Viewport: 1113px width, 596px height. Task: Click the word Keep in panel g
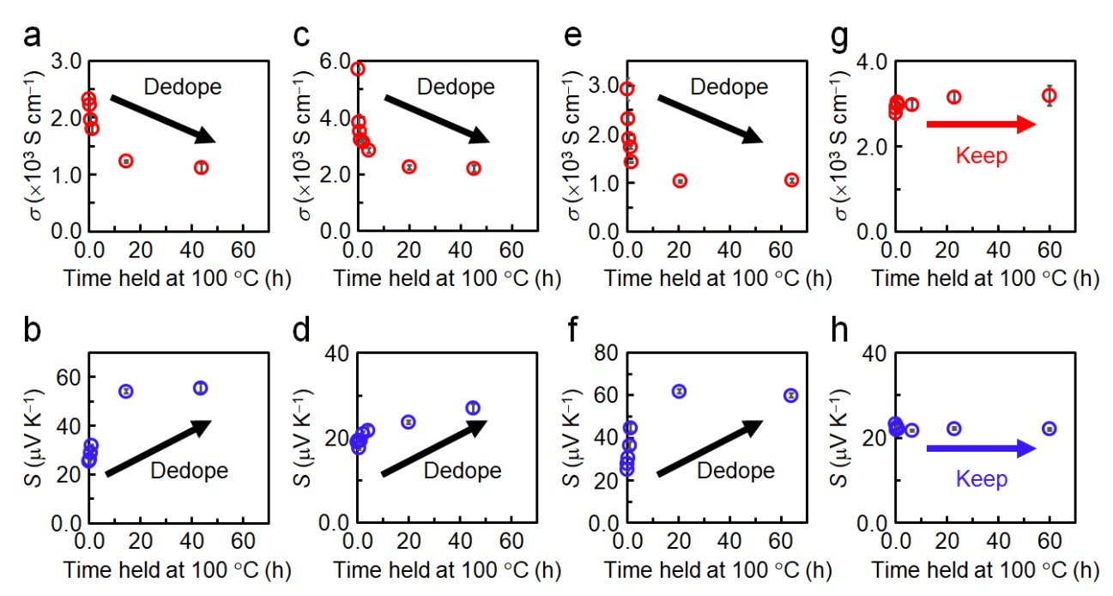pyautogui.click(x=979, y=155)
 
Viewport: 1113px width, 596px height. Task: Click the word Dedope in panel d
pyautogui.click(x=463, y=471)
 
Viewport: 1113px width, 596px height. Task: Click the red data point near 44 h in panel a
pyautogui.click(x=201, y=167)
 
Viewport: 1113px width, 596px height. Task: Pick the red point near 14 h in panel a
pyautogui.click(x=126, y=161)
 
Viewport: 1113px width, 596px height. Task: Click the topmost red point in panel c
pyautogui.click(x=358, y=69)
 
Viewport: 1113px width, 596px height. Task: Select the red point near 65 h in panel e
pyautogui.click(x=791, y=180)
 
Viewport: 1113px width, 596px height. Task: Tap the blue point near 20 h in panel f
pyautogui.click(x=679, y=391)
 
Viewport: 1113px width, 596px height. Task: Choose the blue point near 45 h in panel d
pyautogui.click(x=473, y=408)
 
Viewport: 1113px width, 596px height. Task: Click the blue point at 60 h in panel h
pyautogui.click(x=1049, y=429)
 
